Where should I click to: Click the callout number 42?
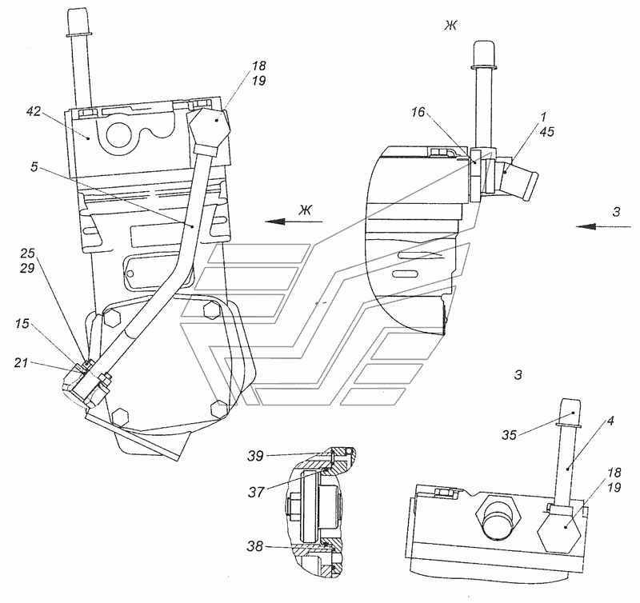tap(34, 111)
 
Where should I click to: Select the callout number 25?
tap(27, 254)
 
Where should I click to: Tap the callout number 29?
tap(27, 268)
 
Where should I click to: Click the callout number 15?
tap(22, 324)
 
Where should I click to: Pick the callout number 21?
tap(22, 362)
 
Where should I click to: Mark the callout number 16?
tap(418, 112)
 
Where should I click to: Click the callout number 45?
tap(547, 131)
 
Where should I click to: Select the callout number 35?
tap(510, 435)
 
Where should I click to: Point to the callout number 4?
tap(610, 421)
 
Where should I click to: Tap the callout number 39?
tap(255, 456)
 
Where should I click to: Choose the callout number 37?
tap(256, 493)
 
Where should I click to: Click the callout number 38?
tap(255, 546)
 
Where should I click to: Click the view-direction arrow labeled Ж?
tap(294, 222)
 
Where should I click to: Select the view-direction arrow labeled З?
tap(604, 226)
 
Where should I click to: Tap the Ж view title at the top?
tap(450, 26)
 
